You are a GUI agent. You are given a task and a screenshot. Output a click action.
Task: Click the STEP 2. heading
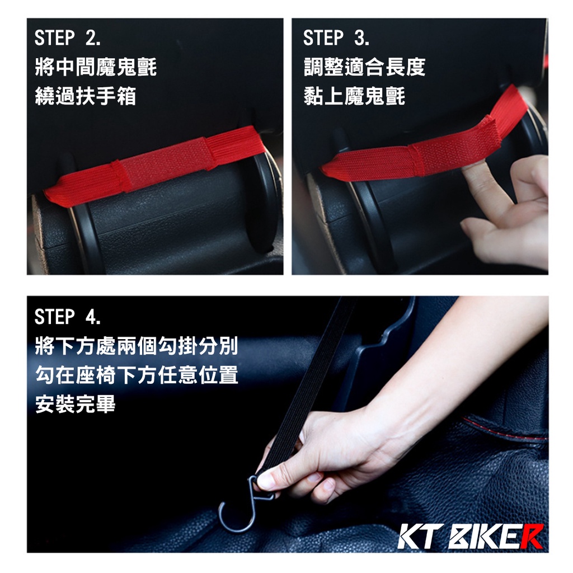tap(68, 38)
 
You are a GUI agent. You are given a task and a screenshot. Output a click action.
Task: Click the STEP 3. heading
tap(336, 38)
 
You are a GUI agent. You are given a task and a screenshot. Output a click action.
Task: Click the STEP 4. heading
tap(68, 317)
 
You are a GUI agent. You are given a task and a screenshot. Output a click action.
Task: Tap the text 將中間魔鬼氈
tap(96, 68)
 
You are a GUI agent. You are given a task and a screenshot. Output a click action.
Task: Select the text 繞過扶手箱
tap(86, 96)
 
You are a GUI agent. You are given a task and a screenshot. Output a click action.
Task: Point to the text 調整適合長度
tap(364, 68)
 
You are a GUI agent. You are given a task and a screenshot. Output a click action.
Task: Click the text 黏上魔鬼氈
tap(354, 96)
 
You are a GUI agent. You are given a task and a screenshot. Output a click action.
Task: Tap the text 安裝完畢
tap(76, 404)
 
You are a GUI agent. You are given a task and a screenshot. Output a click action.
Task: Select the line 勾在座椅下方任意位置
tap(137, 375)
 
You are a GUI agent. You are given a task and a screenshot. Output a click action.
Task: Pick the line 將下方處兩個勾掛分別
tap(137, 346)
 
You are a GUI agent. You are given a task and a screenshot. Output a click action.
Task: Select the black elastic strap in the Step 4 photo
tap(307, 387)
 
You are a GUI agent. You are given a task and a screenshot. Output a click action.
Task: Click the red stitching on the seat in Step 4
tap(504, 429)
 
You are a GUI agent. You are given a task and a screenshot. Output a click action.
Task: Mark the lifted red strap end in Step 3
tap(506, 110)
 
